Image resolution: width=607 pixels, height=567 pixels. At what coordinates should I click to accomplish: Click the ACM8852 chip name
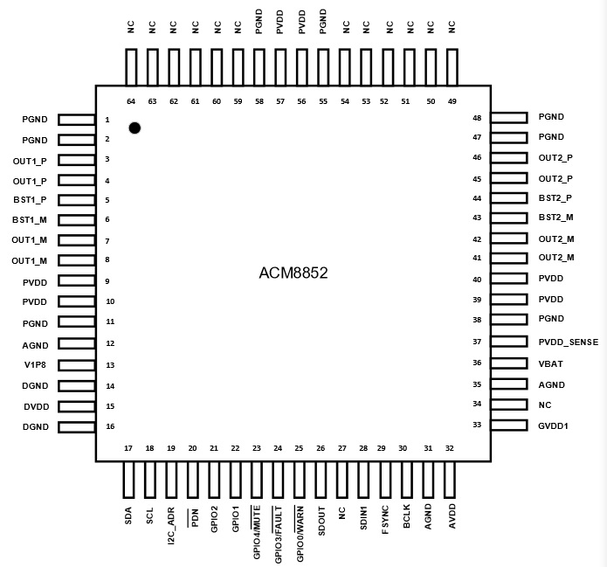pos(293,273)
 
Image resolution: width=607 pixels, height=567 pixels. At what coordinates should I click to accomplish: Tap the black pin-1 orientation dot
pos(135,128)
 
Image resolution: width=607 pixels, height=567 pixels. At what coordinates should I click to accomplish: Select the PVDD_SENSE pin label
pos(569,342)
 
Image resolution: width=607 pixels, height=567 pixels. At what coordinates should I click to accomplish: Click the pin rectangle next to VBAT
pos(509,363)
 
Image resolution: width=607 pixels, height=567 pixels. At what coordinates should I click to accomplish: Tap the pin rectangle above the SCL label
pos(150,480)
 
